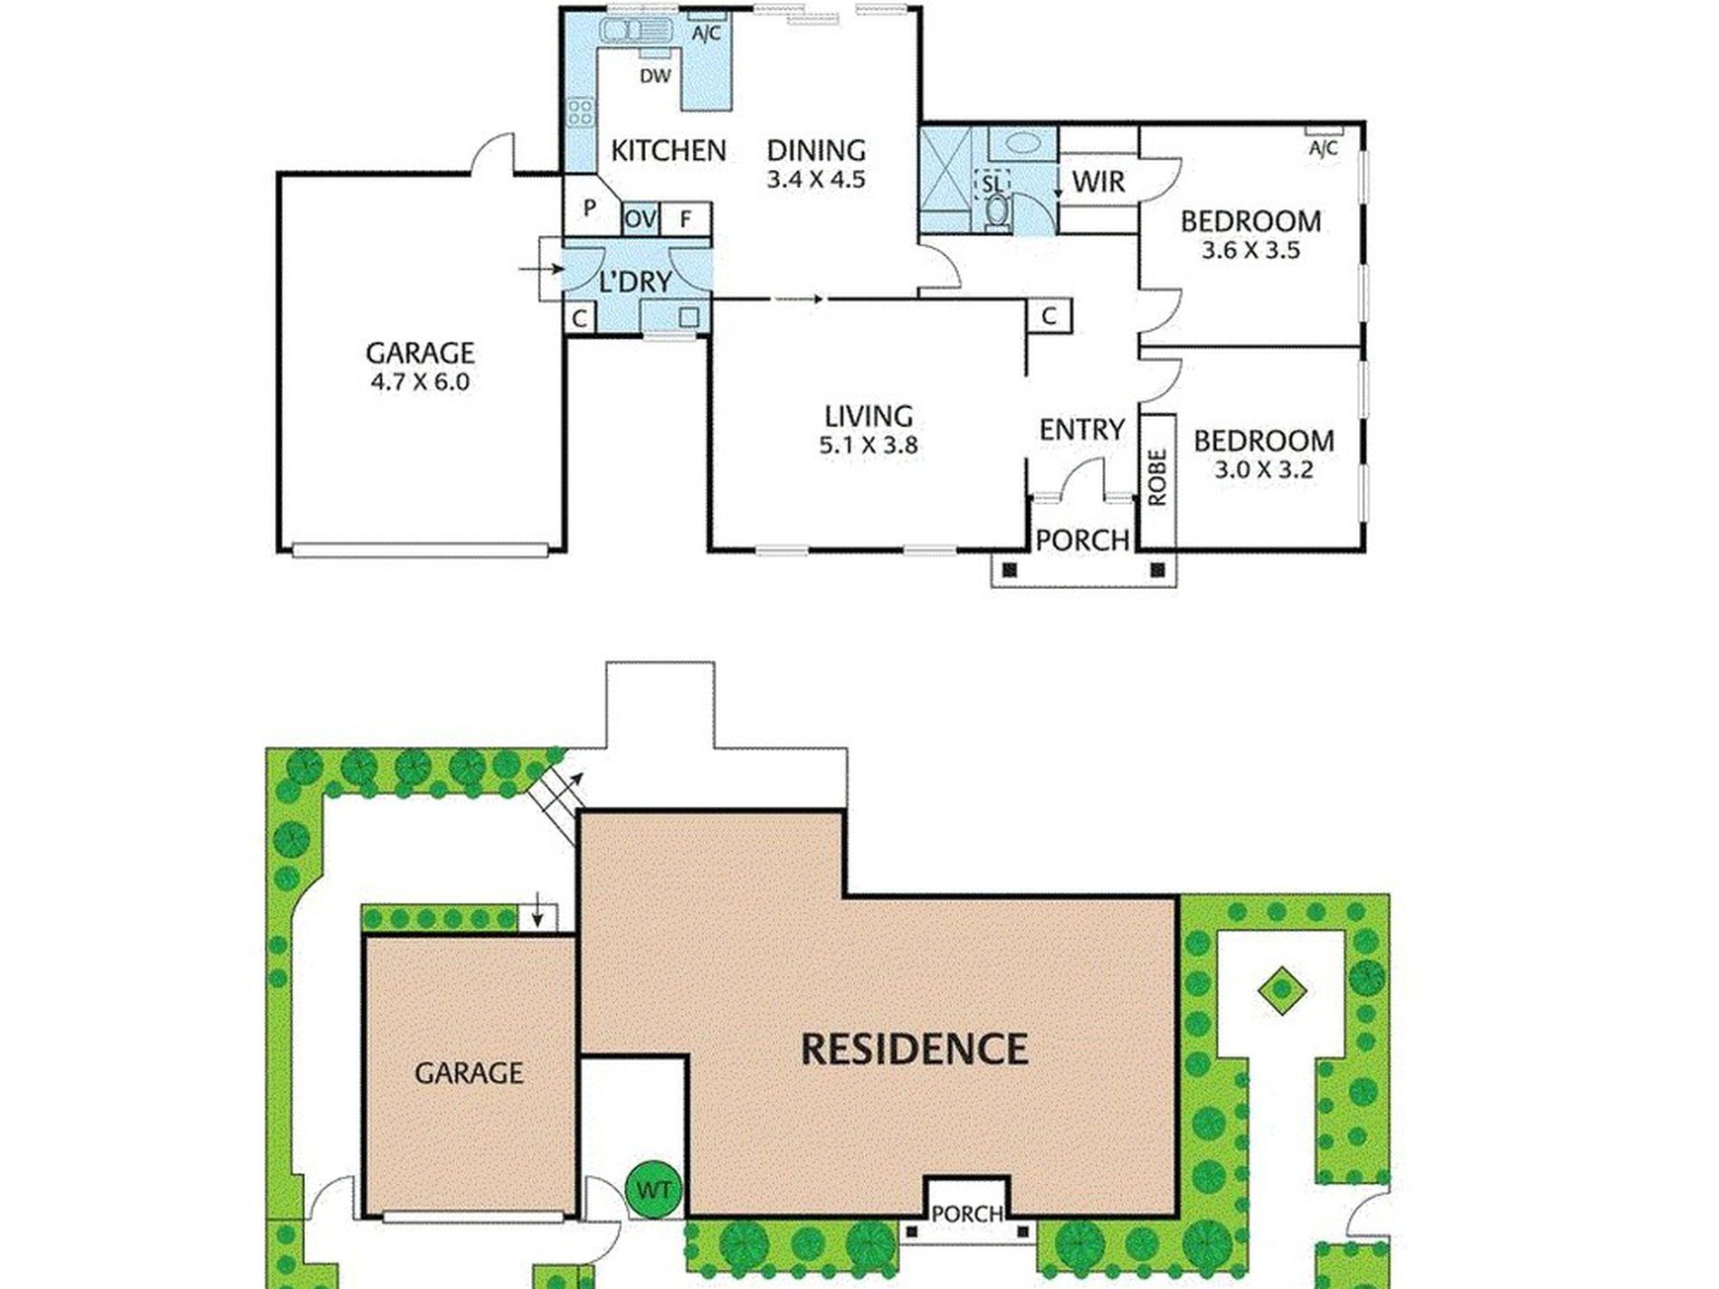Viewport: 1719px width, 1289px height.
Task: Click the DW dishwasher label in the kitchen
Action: (x=655, y=76)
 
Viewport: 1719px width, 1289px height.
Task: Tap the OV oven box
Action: (x=641, y=219)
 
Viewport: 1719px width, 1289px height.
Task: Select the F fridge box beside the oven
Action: (x=685, y=219)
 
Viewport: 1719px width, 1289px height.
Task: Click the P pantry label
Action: (x=590, y=208)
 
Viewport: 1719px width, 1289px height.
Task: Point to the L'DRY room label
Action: (x=635, y=281)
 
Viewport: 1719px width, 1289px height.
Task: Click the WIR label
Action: (x=1098, y=182)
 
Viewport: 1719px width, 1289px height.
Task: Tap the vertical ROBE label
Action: (x=1157, y=478)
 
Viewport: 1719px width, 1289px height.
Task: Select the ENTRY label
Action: (x=1081, y=430)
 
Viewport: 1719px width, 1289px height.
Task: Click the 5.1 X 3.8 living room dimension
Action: (x=868, y=445)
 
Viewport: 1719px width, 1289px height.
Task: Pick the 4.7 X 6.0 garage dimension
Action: (x=420, y=382)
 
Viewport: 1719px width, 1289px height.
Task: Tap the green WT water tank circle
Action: (x=653, y=1189)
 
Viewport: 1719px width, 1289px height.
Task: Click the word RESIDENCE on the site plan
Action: (x=915, y=1049)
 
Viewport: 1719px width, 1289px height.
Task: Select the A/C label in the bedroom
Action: (x=1323, y=148)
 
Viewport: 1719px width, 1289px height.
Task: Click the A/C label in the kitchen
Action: (x=707, y=34)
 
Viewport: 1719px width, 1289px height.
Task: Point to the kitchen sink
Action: (x=637, y=31)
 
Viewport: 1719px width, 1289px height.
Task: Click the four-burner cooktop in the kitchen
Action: (x=580, y=113)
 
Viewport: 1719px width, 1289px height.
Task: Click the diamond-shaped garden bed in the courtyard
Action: (x=1282, y=990)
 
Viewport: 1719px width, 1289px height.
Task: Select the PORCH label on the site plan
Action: (x=967, y=1214)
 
